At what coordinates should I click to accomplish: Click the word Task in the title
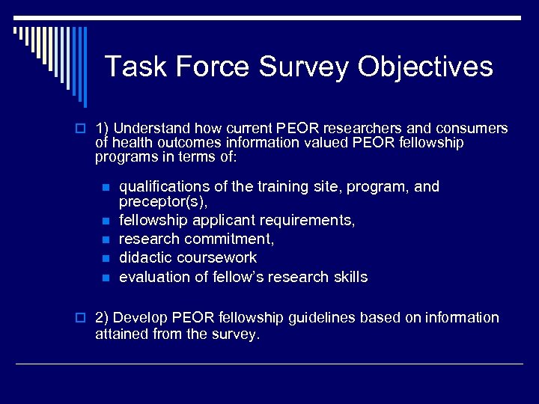click(131, 67)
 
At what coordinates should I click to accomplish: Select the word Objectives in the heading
click(425, 67)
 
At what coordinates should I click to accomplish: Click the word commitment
click(231, 239)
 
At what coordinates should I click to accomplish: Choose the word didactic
click(145, 258)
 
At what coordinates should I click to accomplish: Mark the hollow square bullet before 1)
click(83, 129)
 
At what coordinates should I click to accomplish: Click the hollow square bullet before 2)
click(83, 319)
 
